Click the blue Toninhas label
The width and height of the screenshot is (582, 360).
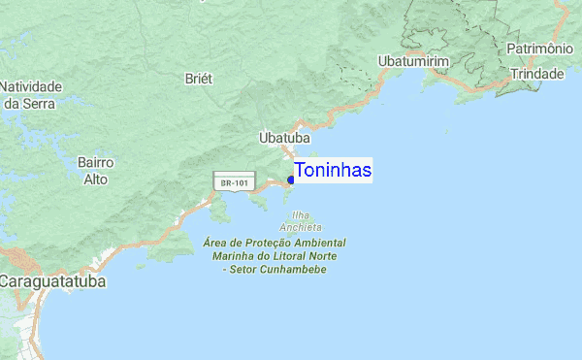[x=333, y=171]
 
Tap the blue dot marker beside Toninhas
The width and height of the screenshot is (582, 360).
[x=291, y=180]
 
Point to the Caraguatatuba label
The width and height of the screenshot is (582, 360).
[x=53, y=281]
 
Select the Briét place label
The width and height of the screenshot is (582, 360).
[x=199, y=79]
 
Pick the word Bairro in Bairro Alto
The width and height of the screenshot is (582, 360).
[x=96, y=162]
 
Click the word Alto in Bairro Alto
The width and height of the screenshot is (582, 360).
[x=95, y=180]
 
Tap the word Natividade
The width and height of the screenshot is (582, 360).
[x=31, y=85]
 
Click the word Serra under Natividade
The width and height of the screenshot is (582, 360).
[x=41, y=102]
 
